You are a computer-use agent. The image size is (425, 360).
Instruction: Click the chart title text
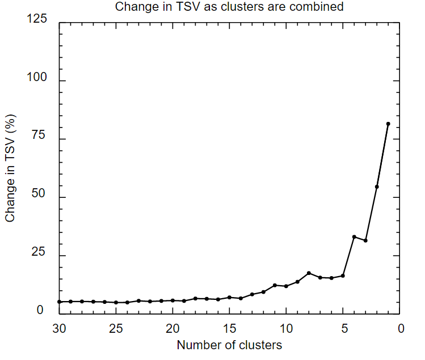pos(229,7)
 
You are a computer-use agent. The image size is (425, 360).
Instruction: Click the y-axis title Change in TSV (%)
pos(10,169)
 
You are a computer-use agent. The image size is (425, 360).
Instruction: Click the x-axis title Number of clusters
pos(229,345)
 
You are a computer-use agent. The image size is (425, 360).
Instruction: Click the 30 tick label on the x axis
pos(59,328)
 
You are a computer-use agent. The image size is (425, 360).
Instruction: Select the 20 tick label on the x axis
pos(172,328)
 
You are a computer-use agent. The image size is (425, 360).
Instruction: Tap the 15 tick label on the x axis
pos(229,328)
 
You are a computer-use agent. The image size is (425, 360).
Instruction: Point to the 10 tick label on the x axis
pos(286,328)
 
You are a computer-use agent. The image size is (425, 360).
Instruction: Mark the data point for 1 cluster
pos(388,124)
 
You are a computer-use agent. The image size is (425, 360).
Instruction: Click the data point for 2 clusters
pos(377,187)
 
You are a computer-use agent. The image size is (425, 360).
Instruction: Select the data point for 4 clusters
pos(354,236)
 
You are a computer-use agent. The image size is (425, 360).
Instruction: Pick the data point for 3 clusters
pos(365,240)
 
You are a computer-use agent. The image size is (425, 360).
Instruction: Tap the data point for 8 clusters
pos(309,273)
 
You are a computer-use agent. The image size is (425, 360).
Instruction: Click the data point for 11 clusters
pos(275,285)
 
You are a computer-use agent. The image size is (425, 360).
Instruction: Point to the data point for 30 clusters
pos(59,302)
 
